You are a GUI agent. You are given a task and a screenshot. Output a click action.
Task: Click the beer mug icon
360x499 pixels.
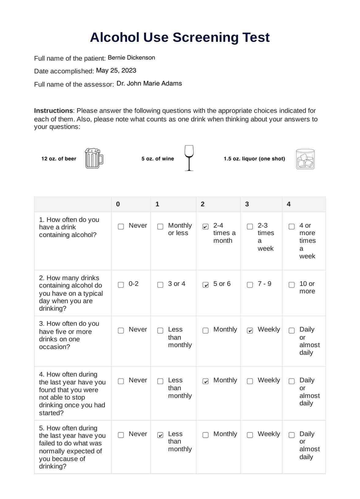click(x=94, y=158)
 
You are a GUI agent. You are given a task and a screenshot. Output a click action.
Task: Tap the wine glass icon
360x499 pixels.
click(x=189, y=158)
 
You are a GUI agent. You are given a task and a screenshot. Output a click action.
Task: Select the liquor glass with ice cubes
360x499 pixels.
click(x=305, y=159)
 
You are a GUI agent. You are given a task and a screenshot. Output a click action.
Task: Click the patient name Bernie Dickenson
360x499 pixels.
click(x=131, y=58)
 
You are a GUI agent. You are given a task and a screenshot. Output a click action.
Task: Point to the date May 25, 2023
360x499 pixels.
click(x=116, y=70)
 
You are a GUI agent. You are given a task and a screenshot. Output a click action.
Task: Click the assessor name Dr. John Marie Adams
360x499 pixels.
click(x=149, y=83)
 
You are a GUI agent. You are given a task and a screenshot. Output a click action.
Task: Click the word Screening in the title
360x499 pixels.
click(x=205, y=37)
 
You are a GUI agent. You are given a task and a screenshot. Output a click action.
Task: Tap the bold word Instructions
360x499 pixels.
click(x=54, y=111)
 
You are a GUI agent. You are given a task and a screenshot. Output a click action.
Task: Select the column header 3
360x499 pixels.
click(x=247, y=204)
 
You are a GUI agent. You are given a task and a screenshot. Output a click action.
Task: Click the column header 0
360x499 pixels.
click(x=118, y=204)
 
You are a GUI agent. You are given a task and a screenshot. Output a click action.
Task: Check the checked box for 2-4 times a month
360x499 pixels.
click(x=206, y=227)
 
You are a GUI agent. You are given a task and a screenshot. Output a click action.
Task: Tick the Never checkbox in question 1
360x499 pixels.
click(x=121, y=227)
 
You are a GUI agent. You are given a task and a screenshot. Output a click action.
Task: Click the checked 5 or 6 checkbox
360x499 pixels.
click(x=206, y=285)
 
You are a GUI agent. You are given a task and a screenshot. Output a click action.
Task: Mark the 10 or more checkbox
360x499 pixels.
click(x=292, y=285)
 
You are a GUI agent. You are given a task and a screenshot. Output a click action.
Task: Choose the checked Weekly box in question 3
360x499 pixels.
click(x=250, y=331)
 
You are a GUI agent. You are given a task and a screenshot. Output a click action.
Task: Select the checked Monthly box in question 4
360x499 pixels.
click(x=206, y=381)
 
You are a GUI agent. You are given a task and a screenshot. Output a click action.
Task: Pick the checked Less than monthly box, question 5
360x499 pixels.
click(x=160, y=435)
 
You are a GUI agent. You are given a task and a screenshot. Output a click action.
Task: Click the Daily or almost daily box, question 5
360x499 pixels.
click(x=292, y=435)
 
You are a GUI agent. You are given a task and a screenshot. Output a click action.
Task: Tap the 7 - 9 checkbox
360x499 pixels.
click(x=250, y=285)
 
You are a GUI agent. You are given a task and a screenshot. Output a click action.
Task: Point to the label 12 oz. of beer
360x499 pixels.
click(x=59, y=159)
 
